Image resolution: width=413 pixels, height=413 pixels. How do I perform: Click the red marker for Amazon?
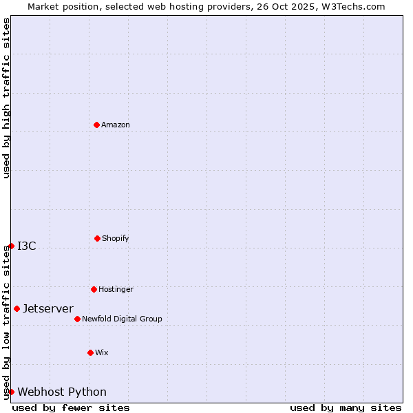96,125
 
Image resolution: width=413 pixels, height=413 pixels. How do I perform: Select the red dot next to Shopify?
97,238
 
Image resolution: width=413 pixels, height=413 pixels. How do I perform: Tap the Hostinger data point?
94,289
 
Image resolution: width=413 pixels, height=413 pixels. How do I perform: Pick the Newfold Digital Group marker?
77,319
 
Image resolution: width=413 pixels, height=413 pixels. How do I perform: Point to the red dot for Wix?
90,352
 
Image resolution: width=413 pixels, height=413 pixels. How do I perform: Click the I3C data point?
11,246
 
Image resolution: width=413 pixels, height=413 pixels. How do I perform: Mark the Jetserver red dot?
17,308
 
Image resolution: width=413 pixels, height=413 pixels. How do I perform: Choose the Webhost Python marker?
11,392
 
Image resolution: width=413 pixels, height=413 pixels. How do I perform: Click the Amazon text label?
116,125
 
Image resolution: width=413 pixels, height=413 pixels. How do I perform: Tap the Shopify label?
116,238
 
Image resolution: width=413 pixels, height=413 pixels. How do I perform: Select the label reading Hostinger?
116,289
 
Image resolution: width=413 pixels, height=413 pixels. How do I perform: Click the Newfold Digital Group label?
122,319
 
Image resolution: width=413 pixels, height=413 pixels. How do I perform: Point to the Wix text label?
102,352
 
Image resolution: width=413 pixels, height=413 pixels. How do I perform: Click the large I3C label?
27,246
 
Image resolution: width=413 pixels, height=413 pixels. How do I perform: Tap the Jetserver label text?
48,308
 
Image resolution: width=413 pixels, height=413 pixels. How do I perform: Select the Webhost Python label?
62,392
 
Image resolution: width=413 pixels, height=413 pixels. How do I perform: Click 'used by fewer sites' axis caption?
71,407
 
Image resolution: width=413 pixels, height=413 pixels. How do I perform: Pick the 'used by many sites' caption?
346,407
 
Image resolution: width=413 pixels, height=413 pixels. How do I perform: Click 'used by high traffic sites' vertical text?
6,98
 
